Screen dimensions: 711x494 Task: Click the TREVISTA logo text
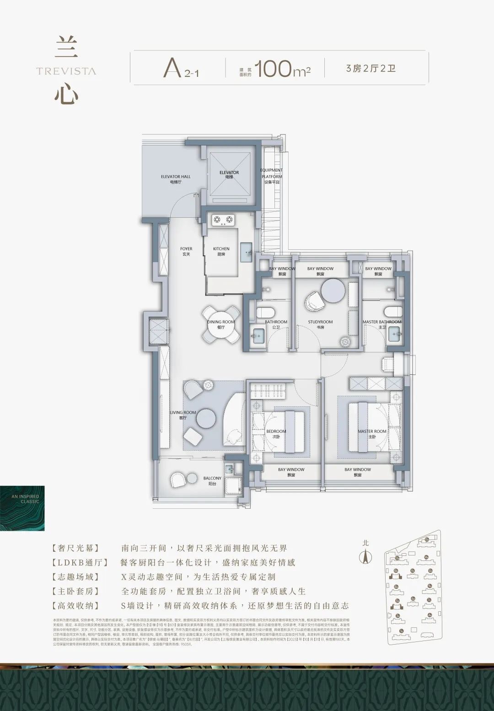66,71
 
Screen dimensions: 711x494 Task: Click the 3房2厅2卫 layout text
371,69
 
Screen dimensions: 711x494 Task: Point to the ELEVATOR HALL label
176,179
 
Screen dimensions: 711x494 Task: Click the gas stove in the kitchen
223,220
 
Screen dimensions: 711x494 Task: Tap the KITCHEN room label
221,251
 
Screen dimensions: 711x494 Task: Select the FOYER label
186,251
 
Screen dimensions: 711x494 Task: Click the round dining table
221,324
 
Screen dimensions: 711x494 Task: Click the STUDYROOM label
320,324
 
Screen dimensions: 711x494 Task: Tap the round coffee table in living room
206,417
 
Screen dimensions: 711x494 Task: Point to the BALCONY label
212,480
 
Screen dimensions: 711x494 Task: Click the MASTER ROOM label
372,433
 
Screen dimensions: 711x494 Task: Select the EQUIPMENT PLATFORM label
272,176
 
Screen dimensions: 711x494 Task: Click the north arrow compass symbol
365,555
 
